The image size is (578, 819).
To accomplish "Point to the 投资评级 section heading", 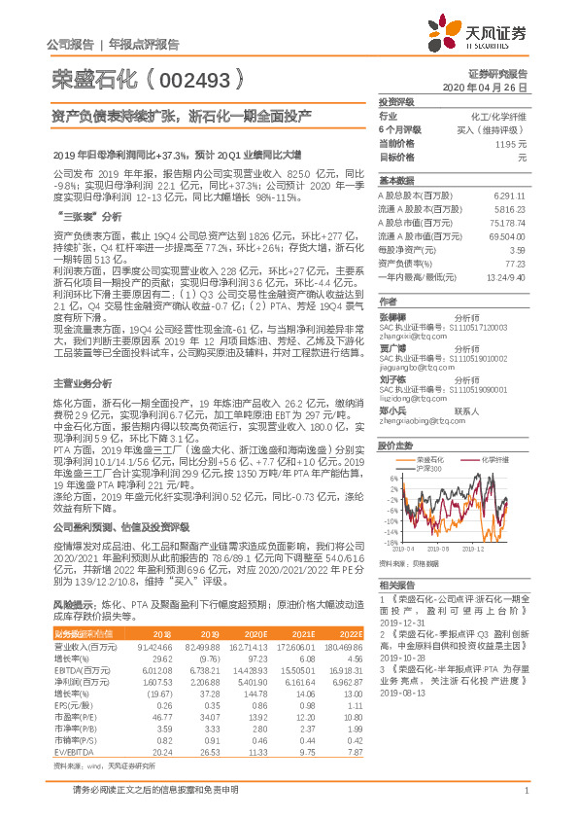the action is [396, 101].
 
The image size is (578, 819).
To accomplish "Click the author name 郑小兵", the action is [392, 411].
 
